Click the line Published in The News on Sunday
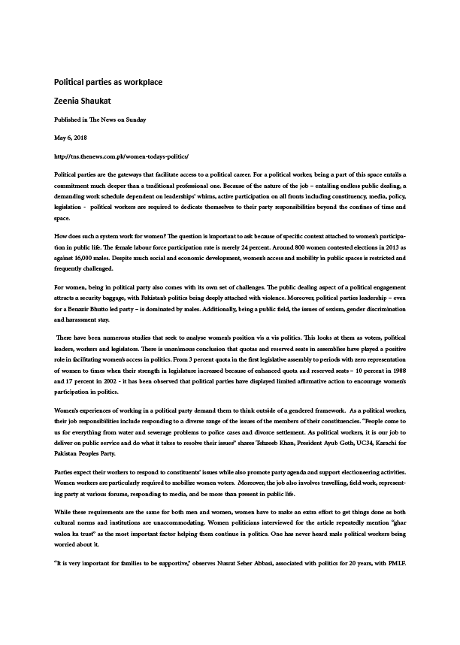[x=100, y=120]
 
